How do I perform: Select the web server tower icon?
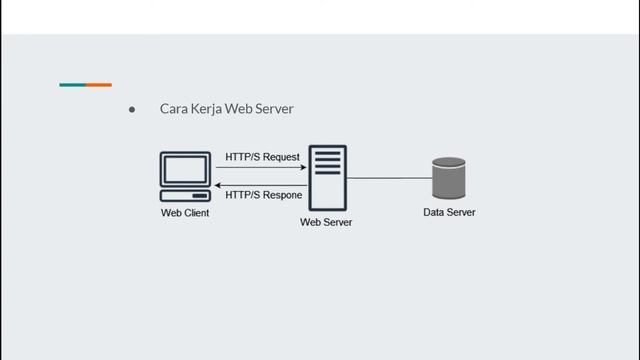[x=327, y=177]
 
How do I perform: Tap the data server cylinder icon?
[x=449, y=178]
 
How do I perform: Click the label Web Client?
[x=185, y=213]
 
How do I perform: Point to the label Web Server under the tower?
[x=326, y=222]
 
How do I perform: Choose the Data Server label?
[x=449, y=212]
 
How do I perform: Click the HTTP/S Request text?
[x=262, y=157]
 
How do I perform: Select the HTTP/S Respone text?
[x=264, y=195]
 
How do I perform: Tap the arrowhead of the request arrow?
[x=303, y=168]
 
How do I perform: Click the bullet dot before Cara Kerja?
[x=132, y=109]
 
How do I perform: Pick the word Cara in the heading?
[x=174, y=109]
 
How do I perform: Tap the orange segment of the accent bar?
[x=99, y=85]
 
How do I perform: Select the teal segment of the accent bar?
[x=72, y=85]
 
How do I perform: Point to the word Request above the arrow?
[x=281, y=157]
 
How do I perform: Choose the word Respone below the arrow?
[x=282, y=195]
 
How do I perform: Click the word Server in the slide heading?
[x=273, y=109]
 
